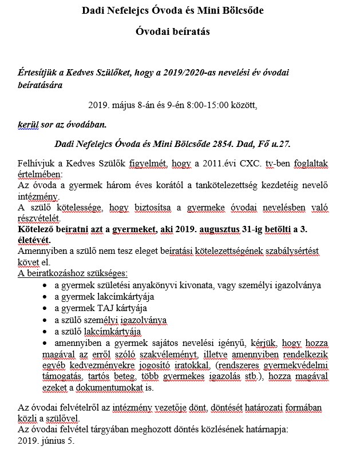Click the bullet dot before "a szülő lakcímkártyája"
pyautogui.click(x=45, y=332)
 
